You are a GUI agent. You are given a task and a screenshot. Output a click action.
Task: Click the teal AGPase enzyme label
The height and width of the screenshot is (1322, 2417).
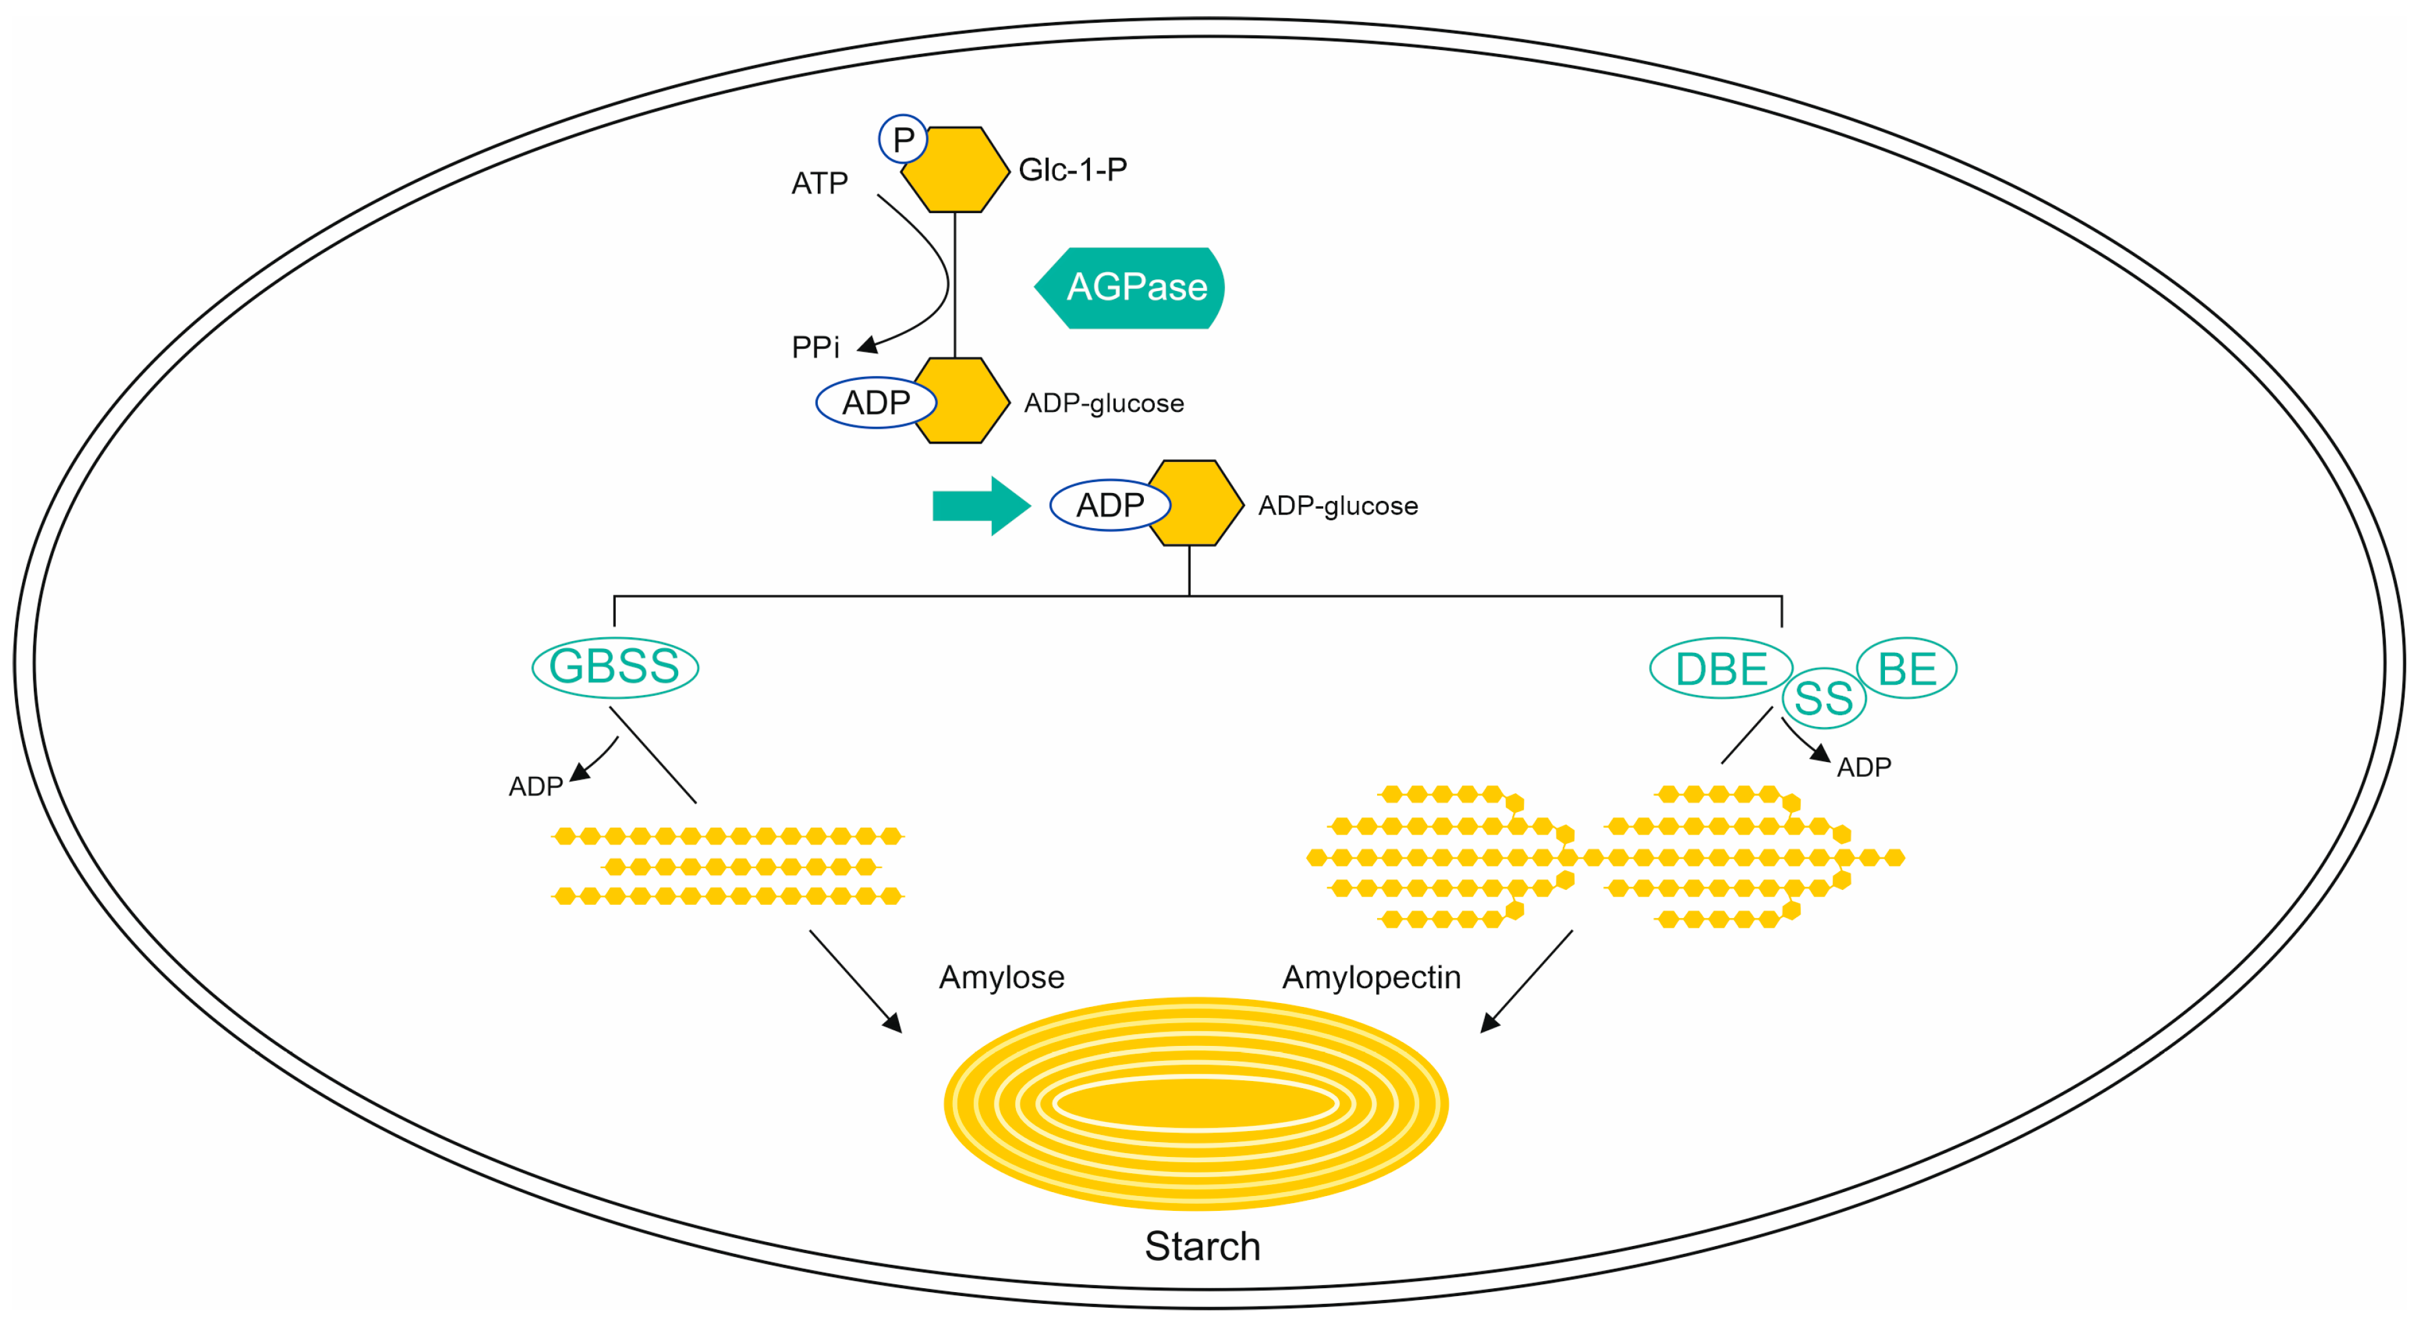tap(1131, 287)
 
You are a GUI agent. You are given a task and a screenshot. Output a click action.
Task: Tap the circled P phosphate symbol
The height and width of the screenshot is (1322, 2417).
tap(903, 139)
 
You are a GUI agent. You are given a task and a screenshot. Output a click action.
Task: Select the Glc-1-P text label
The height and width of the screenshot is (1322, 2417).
tap(1072, 170)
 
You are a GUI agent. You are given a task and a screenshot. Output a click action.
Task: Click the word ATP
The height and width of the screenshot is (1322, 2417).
tap(819, 183)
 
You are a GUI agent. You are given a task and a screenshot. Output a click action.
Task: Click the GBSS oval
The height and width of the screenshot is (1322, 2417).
tap(614, 667)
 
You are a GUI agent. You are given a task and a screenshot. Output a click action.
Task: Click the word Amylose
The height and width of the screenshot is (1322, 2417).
tap(1001, 978)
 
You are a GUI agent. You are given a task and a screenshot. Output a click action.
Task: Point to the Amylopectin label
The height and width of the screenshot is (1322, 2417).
tap(1371, 978)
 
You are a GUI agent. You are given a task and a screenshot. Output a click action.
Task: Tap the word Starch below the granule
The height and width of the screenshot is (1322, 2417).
tap(1202, 1246)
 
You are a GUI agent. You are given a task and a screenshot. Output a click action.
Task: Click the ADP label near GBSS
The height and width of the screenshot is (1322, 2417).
tap(535, 786)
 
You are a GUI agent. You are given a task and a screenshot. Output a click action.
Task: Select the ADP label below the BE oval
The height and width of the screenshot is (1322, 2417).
tap(1864, 767)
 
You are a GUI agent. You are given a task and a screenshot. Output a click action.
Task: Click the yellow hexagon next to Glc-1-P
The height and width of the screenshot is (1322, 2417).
tap(954, 170)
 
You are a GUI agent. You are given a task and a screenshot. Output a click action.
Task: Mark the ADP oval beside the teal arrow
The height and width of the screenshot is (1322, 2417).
tap(1110, 505)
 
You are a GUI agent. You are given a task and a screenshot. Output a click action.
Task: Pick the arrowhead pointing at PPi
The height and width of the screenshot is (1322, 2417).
tap(868, 345)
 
